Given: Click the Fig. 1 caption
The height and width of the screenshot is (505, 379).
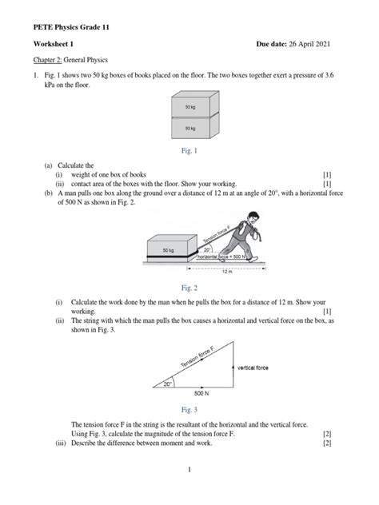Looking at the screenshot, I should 189,149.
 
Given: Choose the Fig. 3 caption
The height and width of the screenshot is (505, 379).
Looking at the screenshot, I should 189,408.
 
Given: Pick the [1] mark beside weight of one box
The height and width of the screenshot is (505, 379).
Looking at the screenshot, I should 327,173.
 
